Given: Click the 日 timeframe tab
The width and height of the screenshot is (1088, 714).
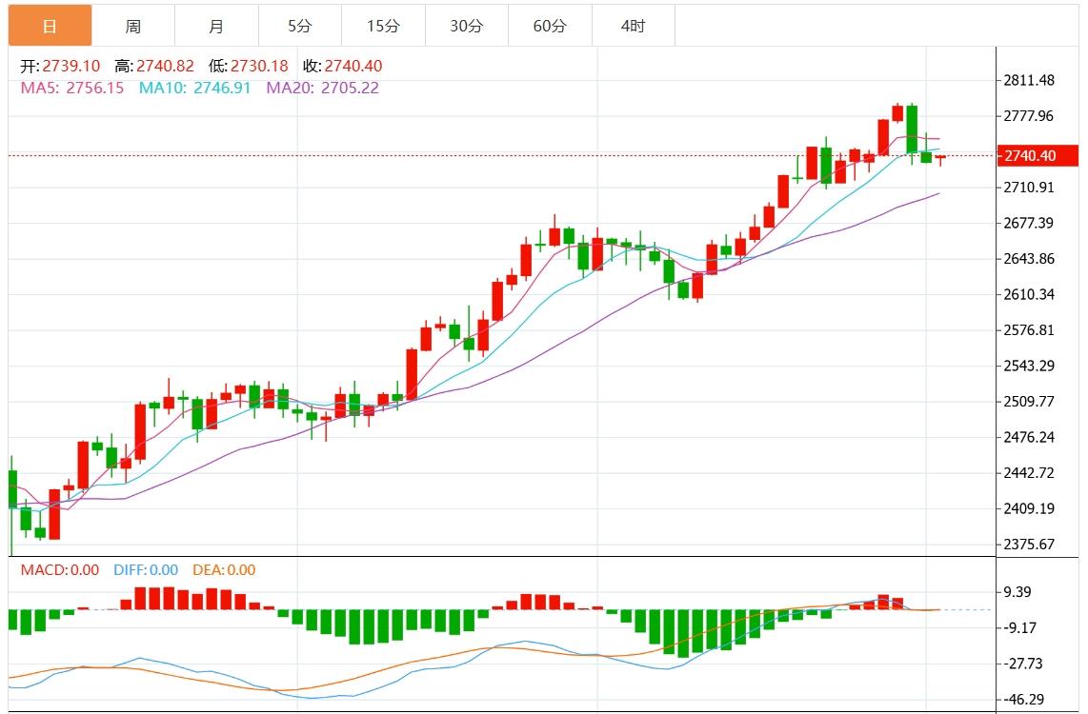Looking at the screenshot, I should (x=50, y=26).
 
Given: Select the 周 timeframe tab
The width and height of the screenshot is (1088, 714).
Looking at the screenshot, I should (x=133, y=26).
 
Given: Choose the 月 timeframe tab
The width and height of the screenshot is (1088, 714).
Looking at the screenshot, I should (x=216, y=26).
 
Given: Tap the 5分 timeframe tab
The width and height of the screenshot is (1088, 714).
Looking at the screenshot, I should (x=299, y=26).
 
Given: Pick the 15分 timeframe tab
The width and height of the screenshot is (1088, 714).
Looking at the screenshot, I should (x=383, y=26).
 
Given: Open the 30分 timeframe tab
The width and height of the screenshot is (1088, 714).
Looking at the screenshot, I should (x=466, y=26).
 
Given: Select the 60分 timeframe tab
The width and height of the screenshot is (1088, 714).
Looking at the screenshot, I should (x=550, y=26).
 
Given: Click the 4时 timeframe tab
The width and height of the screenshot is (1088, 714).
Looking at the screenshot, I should (x=633, y=26).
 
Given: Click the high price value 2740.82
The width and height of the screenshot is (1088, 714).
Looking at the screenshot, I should (x=167, y=67).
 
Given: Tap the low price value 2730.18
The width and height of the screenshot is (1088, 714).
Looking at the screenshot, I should (x=260, y=67).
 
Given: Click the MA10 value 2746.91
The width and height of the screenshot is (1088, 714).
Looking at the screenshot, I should (x=222, y=88).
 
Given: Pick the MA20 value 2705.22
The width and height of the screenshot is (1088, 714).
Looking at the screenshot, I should (x=350, y=88).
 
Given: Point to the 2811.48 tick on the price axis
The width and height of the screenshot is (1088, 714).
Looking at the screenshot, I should (x=1028, y=81).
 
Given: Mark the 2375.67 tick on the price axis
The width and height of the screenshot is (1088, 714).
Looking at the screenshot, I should (x=1028, y=545).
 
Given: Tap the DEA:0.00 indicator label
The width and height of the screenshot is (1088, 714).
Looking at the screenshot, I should (x=224, y=570).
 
